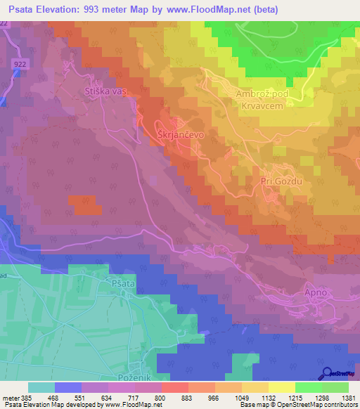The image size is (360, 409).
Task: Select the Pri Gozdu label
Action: [x=281, y=181]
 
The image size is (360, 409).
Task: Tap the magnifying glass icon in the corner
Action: [x=326, y=374]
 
